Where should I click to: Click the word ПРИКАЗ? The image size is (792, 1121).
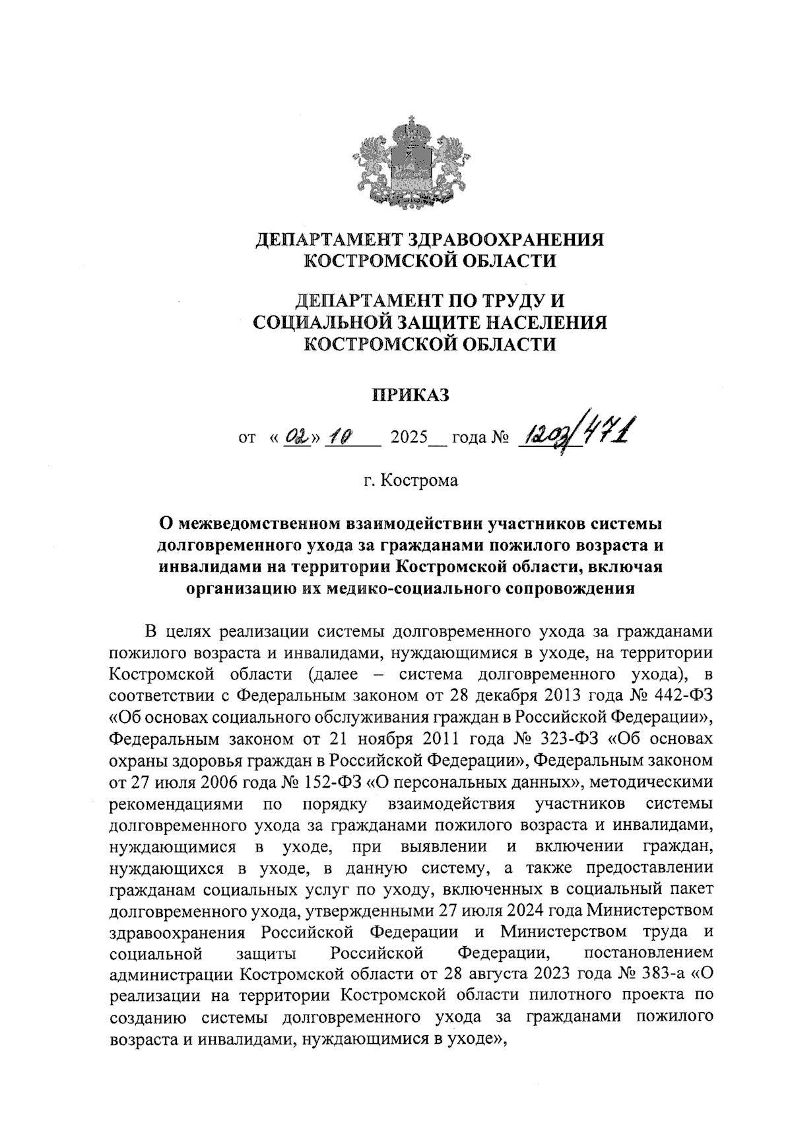(x=411, y=395)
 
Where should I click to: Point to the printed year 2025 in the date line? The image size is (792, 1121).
(x=410, y=438)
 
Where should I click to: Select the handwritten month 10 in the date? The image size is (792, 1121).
(x=343, y=436)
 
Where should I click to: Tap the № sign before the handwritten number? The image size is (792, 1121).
(x=500, y=438)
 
